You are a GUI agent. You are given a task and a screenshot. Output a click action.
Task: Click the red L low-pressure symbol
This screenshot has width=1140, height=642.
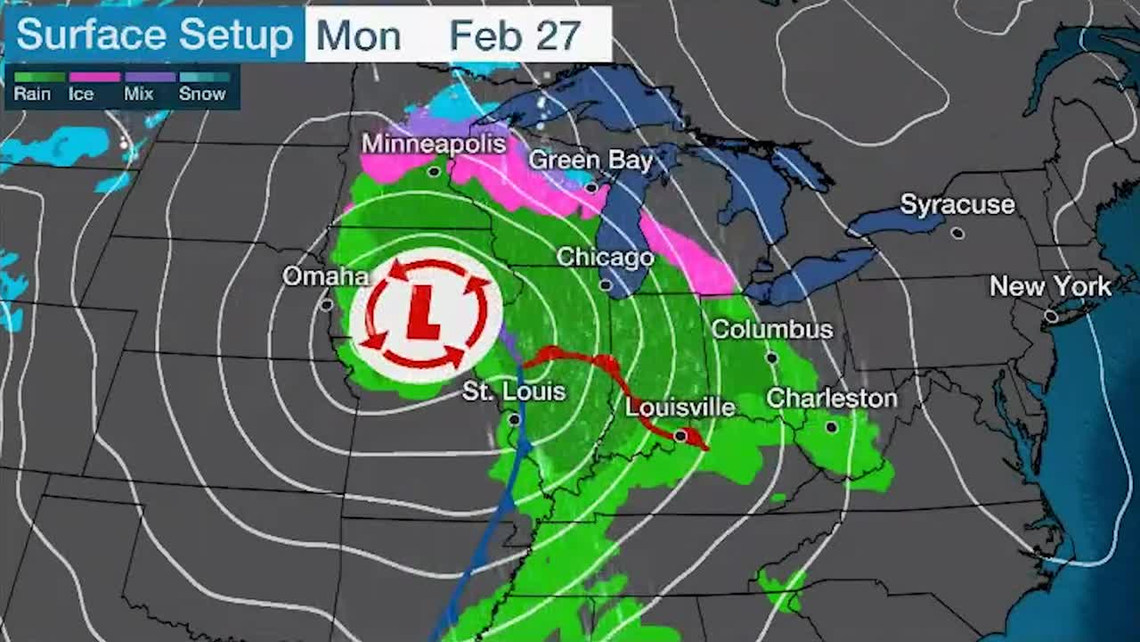coord(424,315)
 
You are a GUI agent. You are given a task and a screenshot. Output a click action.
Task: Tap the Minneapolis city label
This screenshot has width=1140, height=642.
coord(434,144)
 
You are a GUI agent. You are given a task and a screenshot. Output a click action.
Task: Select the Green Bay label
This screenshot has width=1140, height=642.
coord(590,160)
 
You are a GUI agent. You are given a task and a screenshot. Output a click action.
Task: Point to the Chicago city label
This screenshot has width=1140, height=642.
coord(606,258)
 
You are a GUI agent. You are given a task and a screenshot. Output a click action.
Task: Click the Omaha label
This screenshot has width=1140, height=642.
coord(325,276)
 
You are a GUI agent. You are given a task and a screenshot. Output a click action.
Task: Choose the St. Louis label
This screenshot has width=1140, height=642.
coord(514,391)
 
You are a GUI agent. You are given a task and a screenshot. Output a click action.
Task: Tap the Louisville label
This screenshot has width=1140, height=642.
coord(680,408)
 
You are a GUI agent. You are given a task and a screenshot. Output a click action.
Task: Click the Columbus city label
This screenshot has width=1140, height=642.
coord(772,330)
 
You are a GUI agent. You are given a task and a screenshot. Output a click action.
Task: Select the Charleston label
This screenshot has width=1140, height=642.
coord(832,399)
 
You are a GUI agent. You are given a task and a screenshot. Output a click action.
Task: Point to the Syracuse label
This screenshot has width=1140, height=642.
coord(957,205)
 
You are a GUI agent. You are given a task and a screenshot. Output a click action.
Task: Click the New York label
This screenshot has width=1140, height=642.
coord(1051,287)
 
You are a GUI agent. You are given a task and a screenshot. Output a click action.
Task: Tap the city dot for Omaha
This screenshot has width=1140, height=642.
coord(327,305)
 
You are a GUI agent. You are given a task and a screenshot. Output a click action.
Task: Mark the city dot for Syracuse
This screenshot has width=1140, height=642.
coord(957,233)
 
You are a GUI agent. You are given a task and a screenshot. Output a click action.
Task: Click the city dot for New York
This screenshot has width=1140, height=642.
coord(1051,317)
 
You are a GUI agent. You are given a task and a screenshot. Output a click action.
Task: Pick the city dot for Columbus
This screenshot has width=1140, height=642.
coord(772,358)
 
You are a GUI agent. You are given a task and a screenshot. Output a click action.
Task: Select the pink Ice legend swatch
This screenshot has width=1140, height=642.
coord(94,77)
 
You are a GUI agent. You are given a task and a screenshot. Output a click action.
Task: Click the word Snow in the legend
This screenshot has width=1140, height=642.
coord(202,94)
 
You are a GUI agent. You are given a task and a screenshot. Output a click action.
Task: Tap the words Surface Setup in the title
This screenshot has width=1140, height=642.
coord(154,36)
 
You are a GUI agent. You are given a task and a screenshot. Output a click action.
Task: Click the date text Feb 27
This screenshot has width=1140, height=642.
coord(515,36)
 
